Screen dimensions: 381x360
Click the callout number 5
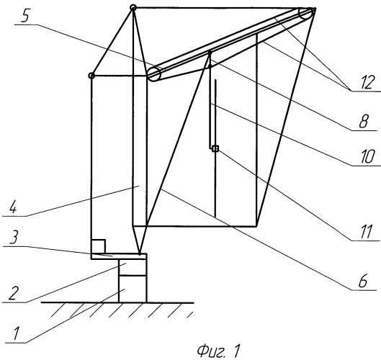[25, 17]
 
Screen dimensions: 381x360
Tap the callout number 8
[364, 121]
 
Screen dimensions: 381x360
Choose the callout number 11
[366, 232]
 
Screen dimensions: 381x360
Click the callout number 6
[362, 282]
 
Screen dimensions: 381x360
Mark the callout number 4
[14, 207]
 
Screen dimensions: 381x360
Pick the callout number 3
[14, 237]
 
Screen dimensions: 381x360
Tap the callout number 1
[16, 334]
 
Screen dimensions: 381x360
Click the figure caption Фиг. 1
[219, 351]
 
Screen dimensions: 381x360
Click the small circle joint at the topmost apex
[133, 7]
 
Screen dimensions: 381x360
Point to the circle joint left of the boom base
[91, 76]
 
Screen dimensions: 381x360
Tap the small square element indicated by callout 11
[215, 148]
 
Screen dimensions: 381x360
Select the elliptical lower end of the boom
[154, 73]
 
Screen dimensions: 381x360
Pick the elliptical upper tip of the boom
[305, 14]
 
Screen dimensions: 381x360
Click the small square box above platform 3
[98, 246]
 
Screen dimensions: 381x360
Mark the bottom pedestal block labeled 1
[133, 289]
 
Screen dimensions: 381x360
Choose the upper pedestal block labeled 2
[133, 267]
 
